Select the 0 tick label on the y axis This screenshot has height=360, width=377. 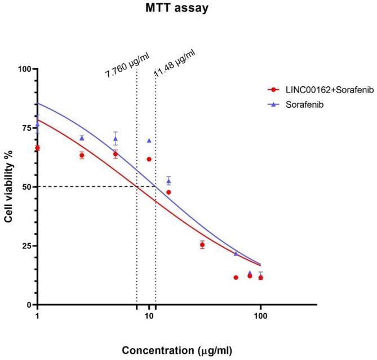(x=28, y=305)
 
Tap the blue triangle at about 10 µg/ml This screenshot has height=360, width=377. (x=149, y=141)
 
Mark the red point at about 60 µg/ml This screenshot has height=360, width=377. (x=236, y=277)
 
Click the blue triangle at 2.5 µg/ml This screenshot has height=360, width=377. (x=82, y=138)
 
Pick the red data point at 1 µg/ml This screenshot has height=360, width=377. (x=37, y=148)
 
